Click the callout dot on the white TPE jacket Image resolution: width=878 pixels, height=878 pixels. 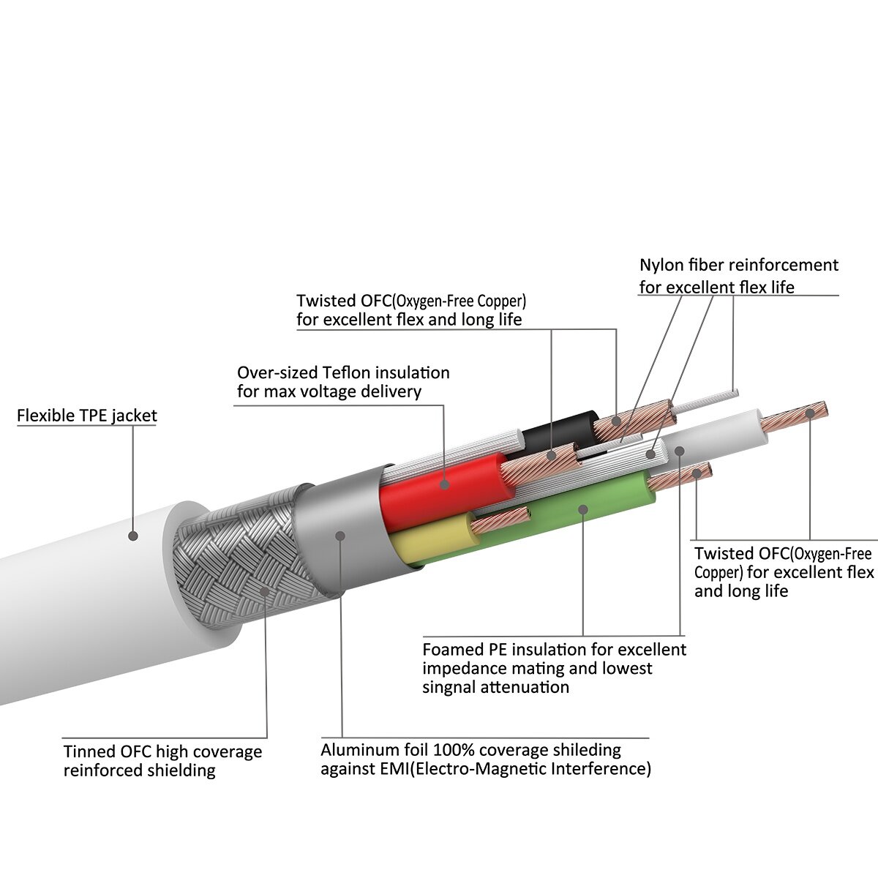[x=133, y=536]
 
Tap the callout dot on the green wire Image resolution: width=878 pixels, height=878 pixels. [x=583, y=508]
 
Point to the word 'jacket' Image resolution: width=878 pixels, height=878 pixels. [x=134, y=416]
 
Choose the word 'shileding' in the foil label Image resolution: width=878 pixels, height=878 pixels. [x=586, y=750]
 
